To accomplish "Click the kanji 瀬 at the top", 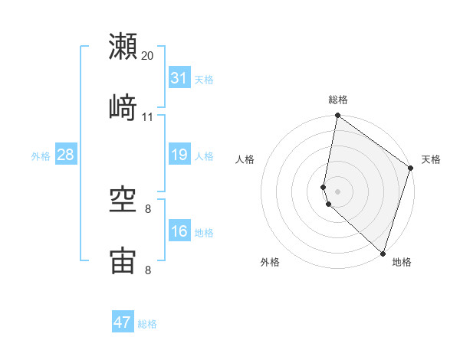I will click(123, 47).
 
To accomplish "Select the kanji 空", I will click(123, 201).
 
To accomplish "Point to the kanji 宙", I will click(123, 262).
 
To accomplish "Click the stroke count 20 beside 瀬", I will click(148, 56).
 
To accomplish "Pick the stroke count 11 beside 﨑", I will click(148, 117).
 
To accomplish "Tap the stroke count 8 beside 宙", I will click(148, 270).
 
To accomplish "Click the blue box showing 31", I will click(179, 78).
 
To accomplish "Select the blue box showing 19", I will click(179, 155).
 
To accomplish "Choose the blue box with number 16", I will click(179, 231).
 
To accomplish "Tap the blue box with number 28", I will click(65, 155).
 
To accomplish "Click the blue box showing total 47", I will click(122, 322).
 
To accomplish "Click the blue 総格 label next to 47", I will click(147, 324).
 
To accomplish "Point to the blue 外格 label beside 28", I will click(41, 156).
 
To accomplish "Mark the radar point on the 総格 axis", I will click(337, 116).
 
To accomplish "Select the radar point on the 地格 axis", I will click(383, 254).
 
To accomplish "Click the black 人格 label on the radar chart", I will click(245, 159).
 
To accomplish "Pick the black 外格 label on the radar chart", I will click(270, 262).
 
